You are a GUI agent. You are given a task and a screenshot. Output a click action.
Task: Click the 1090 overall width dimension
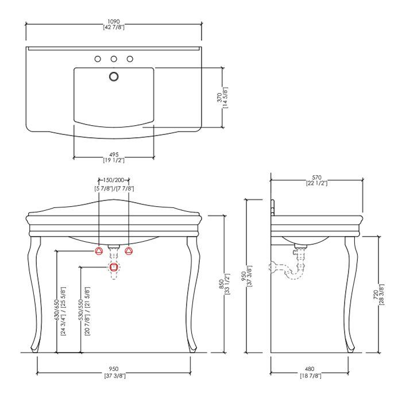click(114, 22)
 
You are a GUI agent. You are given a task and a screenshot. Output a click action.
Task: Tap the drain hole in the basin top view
click(114, 76)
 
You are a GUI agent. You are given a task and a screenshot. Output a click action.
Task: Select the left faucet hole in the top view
click(98, 59)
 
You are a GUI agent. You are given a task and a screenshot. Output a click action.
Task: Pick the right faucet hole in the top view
click(130, 59)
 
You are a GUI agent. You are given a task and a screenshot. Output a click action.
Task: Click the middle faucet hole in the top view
click(114, 59)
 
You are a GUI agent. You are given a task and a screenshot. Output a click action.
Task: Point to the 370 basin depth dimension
click(220, 98)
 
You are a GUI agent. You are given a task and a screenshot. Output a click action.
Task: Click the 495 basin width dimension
click(114, 154)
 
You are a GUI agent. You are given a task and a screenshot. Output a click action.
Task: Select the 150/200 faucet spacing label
click(114, 180)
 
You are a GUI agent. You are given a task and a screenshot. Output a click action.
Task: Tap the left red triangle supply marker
click(99, 251)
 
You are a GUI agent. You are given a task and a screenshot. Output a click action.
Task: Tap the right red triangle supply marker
click(129, 251)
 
